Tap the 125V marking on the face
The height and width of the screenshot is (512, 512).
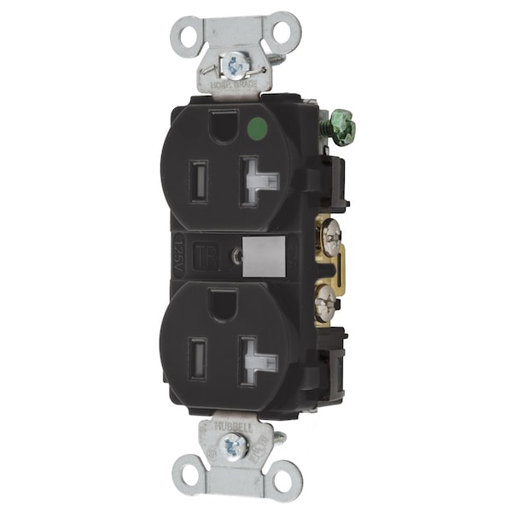(177, 254)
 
